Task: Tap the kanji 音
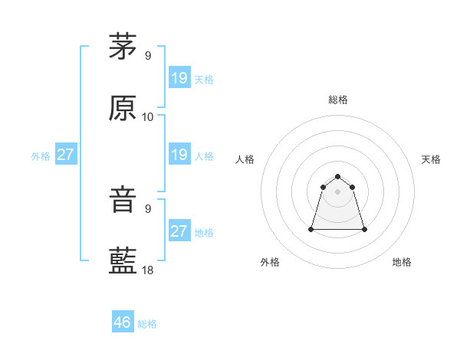(x=123, y=200)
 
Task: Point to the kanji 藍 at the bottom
(x=123, y=261)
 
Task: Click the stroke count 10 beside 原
(x=148, y=117)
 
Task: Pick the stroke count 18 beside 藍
(x=148, y=270)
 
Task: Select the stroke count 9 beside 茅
(x=148, y=55)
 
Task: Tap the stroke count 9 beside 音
(x=148, y=208)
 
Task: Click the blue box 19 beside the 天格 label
(x=179, y=77)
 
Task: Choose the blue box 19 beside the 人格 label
(x=179, y=155)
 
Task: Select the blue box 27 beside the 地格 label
(x=179, y=231)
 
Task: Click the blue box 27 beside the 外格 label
(x=66, y=155)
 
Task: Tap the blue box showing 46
(x=123, y=322)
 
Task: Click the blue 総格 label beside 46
(x=147, y=324)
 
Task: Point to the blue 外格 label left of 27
(x=41, y=156)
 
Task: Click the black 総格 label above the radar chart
(x=338, y=100)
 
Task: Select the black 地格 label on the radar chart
(x=402, y=262)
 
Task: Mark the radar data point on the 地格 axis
(x=363, y=229)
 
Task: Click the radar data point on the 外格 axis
(x=312, y=228)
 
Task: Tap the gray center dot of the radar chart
(x=338, y=191)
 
